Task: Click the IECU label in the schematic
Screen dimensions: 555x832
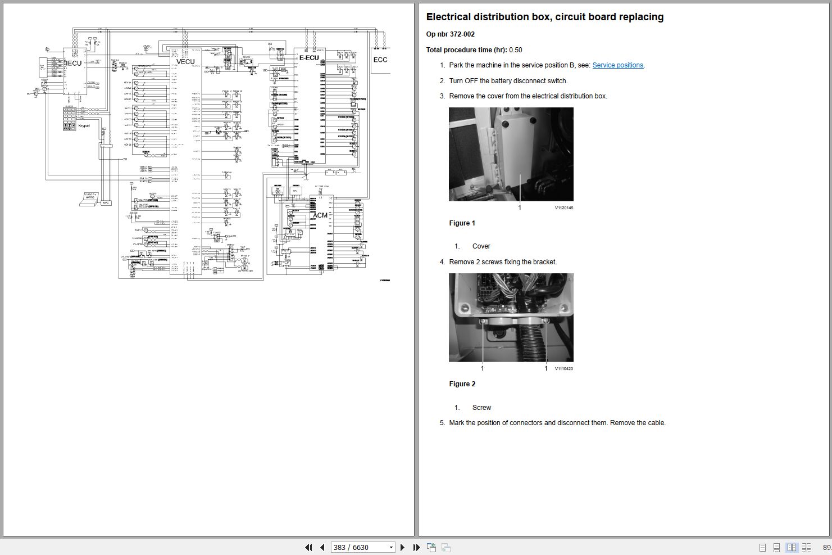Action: (x=74, y=63)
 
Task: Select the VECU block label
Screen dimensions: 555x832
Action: (x=185, y=62)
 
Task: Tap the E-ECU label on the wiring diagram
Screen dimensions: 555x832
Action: (x=308, y=57)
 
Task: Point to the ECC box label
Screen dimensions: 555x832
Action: (x=380, y=60)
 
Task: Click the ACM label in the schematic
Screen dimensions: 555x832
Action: (x=320, y=215)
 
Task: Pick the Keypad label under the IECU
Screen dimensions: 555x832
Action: (x=84, y=125)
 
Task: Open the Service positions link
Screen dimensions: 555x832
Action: (x=617, y=65)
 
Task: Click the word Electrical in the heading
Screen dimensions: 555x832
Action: (x=449, y=17)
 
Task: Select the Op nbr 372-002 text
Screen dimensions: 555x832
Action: (x=450, y=34)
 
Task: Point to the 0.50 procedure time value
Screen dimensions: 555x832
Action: (x=515, y=50)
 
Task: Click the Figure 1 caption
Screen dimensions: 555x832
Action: (x=462, y=223)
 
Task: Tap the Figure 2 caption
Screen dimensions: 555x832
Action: (x=462, y=384)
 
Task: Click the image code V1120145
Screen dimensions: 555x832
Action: (x=563, y=208)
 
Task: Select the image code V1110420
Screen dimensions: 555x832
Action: (x=563, y=369)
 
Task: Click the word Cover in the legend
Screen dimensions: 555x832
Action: (x=481, y=246)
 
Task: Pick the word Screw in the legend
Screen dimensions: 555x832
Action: (x=481, y=408)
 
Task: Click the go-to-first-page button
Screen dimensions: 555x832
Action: (x=308, y=547)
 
